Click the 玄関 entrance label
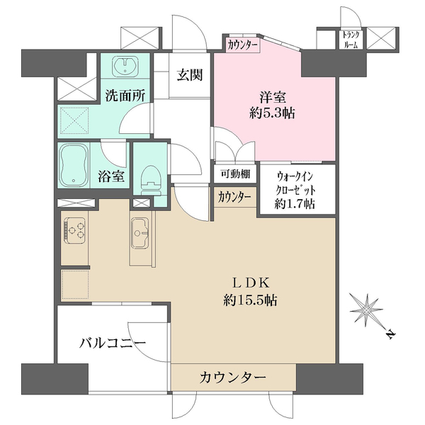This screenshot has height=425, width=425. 190,75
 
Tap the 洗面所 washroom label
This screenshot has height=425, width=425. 125,95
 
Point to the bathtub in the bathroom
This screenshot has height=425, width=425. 74,165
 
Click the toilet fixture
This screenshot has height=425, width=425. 151,180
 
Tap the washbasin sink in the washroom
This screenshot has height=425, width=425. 125,65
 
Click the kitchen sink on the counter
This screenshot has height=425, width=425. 140,233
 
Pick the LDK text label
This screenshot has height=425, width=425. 251,283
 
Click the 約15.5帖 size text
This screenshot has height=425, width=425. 250,300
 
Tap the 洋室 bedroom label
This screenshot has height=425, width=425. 273,97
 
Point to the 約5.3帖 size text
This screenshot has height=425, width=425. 272,113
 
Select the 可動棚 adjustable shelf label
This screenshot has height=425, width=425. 235,174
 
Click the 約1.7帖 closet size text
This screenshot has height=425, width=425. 295,203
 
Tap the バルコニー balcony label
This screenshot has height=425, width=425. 113,343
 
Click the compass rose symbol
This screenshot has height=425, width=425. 366,310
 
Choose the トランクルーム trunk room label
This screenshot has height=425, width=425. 351,40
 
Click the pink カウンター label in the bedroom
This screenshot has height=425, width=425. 242,45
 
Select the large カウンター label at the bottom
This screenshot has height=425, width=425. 232,378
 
